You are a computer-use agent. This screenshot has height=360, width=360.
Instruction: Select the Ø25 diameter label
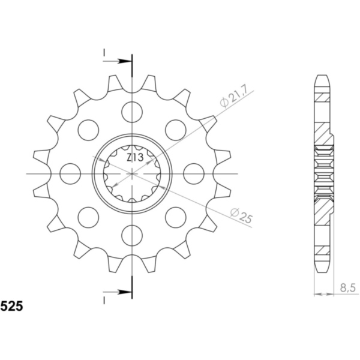(241, 215)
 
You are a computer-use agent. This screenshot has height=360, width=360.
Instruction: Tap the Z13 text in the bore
(134, 158)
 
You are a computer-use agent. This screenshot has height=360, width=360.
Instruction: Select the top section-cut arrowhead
(125, 61)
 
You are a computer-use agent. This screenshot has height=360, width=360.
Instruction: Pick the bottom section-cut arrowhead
(125, 292)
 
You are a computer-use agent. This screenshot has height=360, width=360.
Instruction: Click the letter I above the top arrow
(104, 53)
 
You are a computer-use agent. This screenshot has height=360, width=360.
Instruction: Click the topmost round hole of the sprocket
(131, 112)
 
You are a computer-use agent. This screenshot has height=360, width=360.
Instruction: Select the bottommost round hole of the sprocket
(131, 235)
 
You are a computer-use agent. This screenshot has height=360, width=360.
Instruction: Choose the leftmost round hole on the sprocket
(70, 173)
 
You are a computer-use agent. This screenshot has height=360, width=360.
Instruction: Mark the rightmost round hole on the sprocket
(193, 173)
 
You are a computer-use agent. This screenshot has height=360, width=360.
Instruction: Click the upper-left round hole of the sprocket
(88, 130)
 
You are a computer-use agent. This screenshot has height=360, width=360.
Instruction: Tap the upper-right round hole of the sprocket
(175, 130)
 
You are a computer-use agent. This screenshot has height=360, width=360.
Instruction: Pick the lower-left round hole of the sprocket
(88, 217)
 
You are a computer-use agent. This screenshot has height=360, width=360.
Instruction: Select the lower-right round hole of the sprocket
(175, 217)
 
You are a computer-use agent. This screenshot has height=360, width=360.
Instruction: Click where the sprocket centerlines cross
(131, 173)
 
